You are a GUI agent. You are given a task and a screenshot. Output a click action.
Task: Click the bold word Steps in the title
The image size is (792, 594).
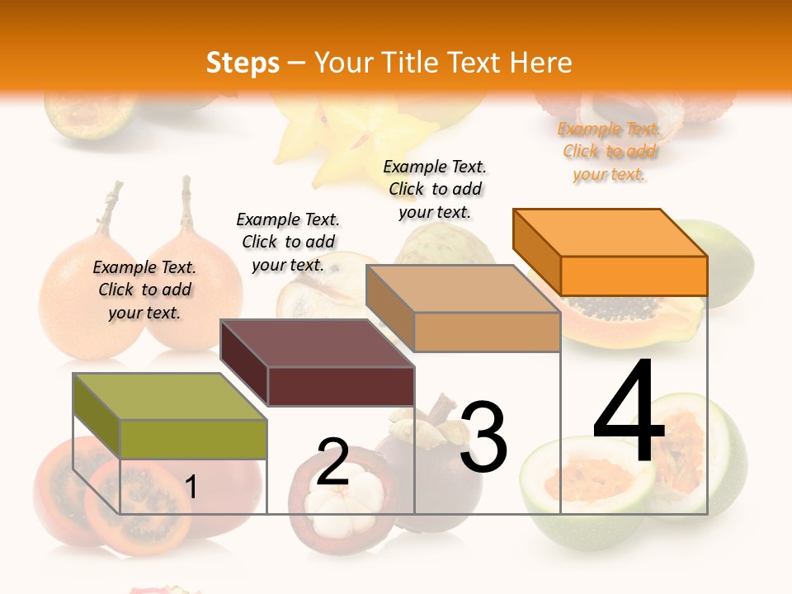point(243,63)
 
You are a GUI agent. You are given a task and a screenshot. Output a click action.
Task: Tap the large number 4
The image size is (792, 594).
point(629,412)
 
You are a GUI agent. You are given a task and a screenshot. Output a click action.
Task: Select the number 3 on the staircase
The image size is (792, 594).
point(483,437)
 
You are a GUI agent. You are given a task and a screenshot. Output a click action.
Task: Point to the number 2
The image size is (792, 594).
point(332,462)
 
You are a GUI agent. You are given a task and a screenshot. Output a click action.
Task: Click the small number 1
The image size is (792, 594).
point(191,488)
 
